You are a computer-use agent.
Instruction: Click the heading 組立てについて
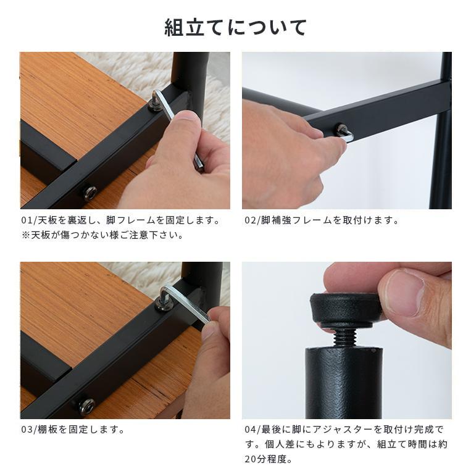coord(235,28)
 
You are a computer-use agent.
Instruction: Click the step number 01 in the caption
coord(26,220)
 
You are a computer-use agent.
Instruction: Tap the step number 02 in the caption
coord(249,220)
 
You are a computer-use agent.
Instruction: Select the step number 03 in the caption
coord(26,430)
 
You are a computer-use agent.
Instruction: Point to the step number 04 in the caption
coord(249,430)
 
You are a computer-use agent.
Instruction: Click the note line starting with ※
coord(102,235)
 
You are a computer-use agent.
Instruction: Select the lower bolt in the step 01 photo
coord(90,193)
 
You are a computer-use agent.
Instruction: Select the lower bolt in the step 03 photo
coord(86,406)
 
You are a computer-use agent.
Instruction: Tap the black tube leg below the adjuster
coord(344,383)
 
